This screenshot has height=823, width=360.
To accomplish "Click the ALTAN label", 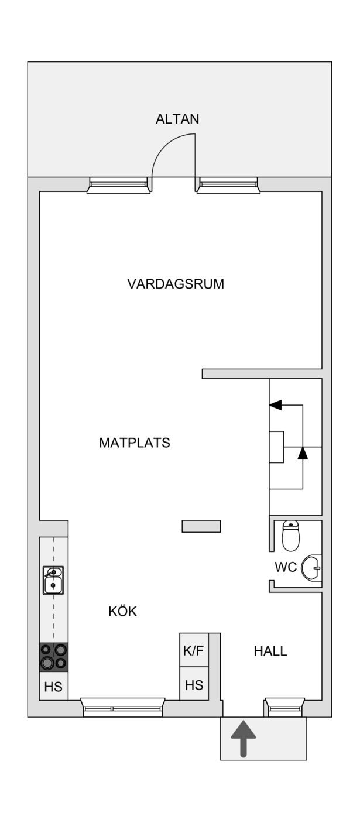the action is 177,119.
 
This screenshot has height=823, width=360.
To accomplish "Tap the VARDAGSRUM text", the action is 176,284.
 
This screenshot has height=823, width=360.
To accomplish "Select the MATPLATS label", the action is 135,443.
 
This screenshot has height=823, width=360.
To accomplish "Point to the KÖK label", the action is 123,611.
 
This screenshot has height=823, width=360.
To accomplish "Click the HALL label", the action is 270,651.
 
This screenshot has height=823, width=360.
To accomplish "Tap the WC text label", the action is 286,567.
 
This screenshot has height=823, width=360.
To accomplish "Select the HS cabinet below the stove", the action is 54,687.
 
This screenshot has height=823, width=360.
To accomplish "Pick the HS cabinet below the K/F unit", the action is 194,684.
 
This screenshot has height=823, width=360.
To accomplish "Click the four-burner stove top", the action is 54,657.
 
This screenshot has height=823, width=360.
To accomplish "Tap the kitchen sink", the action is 54,580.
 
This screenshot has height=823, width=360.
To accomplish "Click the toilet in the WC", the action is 291,536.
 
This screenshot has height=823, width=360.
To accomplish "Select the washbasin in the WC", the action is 311,568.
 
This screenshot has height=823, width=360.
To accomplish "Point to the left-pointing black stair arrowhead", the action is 276,405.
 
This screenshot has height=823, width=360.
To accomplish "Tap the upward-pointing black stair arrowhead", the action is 303,454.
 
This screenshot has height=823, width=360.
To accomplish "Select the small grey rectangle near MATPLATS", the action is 201,526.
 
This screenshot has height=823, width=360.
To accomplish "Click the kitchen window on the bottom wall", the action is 123,707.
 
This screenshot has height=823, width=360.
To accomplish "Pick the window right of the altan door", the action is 228,185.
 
